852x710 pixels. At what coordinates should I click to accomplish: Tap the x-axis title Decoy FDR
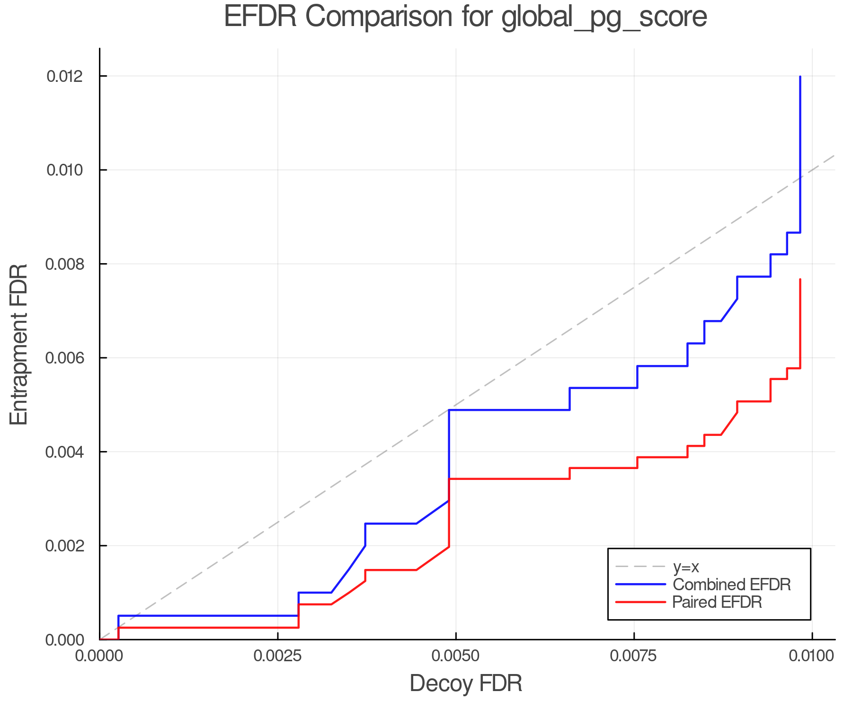coord(466,683)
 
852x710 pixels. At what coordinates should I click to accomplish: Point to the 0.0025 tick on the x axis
coord(277,656)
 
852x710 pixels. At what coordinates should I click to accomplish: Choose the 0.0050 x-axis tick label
coord(455,656)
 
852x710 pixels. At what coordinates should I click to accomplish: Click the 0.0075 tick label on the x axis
coord(633,656)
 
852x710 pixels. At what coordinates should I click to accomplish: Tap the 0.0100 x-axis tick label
coord(812,656)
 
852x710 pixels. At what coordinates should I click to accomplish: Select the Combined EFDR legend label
coord(732,585)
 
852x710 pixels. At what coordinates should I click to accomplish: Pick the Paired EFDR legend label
coord(717,602)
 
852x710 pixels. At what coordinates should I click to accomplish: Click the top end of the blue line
coord(800,77)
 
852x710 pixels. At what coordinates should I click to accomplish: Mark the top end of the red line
coord(800,280)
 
